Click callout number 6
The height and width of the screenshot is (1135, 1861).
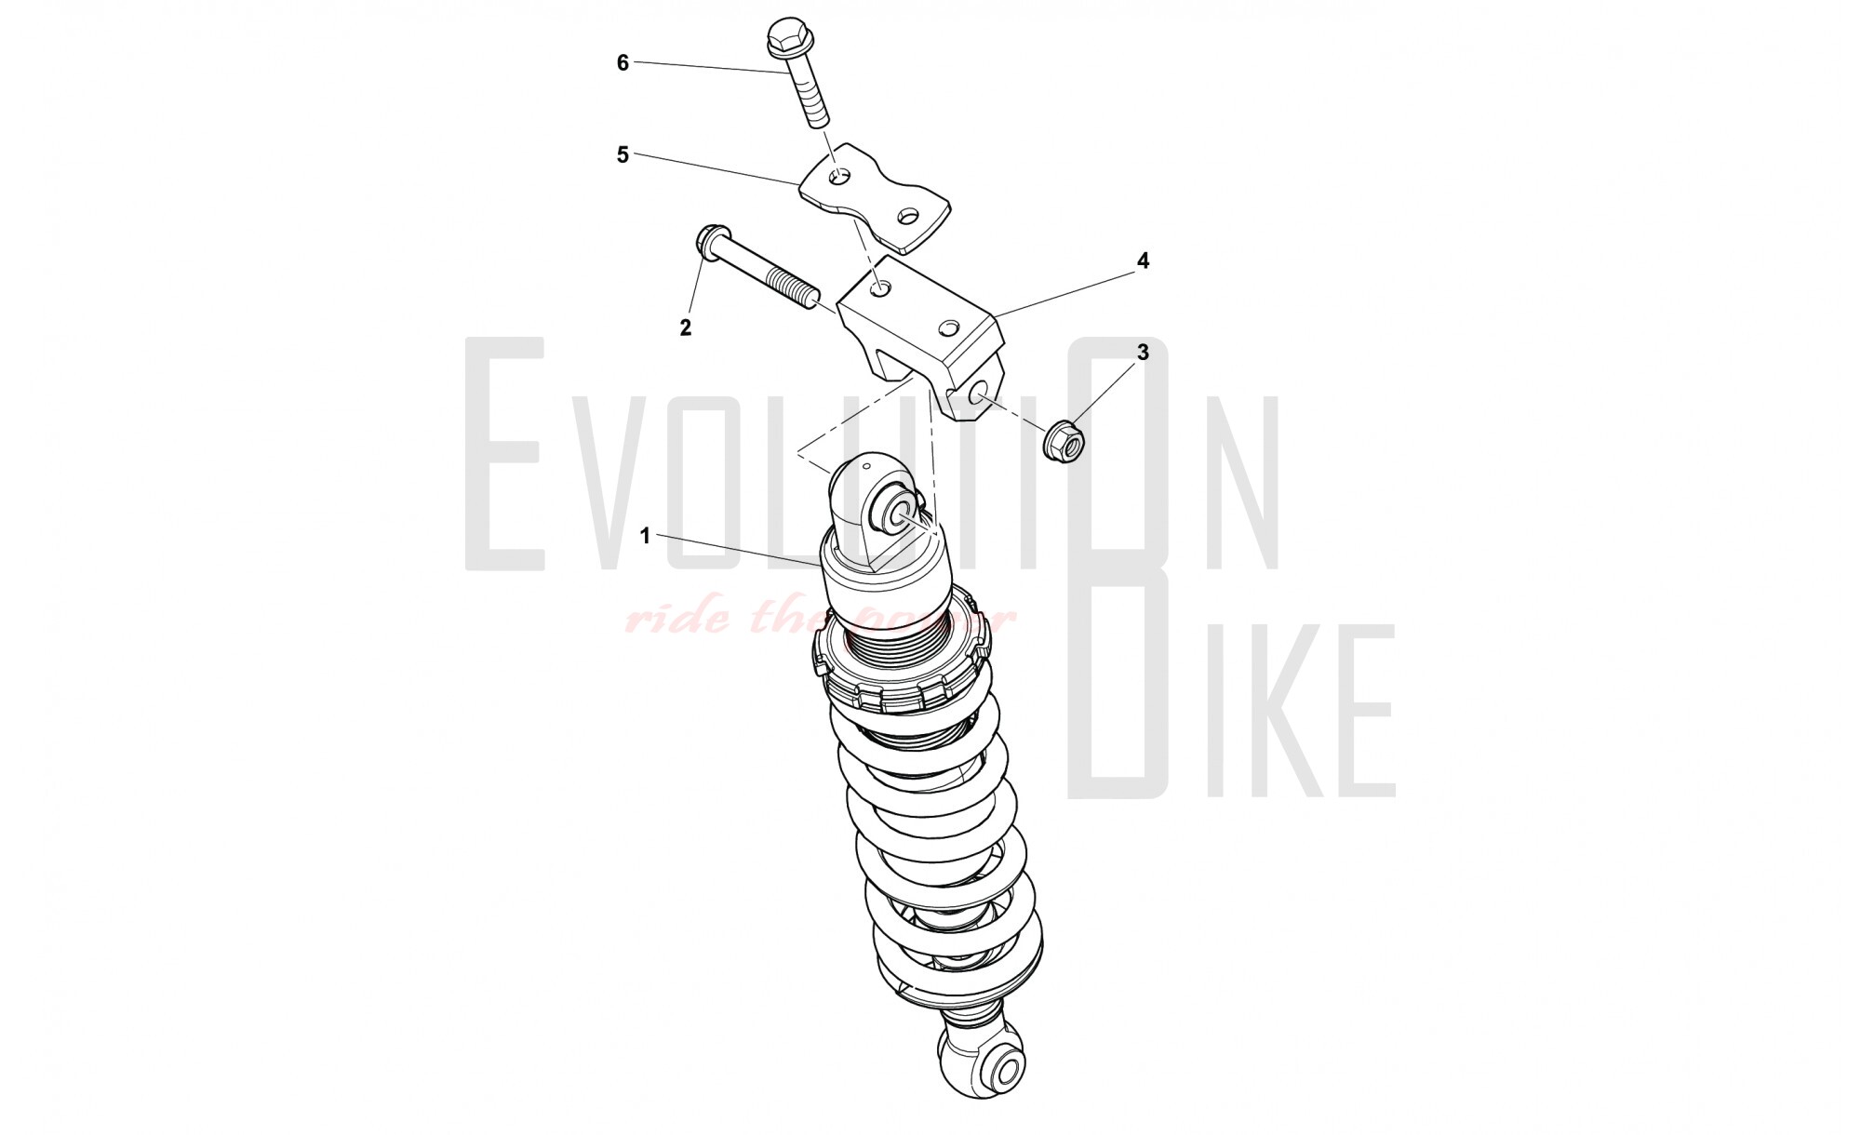tap(623, 63)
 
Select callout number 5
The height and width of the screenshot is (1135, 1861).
tap(623, 155)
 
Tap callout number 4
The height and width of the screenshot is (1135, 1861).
tap(1144, 261)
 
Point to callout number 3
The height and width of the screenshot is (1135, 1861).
tap(1144, 353)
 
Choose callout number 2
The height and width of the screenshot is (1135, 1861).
tap(686, 327)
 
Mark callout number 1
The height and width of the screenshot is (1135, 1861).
tap(645, 537)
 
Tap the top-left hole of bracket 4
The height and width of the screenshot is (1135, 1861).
tap(880, 290)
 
